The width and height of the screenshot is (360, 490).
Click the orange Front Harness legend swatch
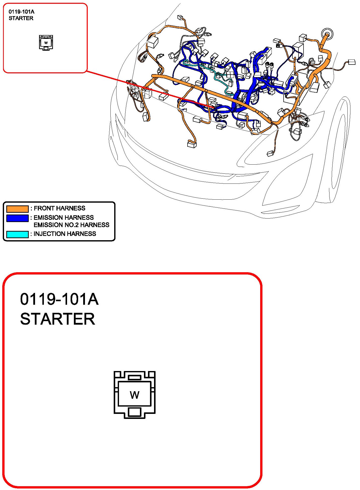coord(17,209)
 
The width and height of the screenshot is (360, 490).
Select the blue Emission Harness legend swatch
coord(17,218)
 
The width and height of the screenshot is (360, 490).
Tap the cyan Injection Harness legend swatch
coord(17,234)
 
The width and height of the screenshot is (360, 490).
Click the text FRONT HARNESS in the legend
coord(59,208)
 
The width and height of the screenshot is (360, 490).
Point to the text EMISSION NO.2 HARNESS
coord(72,225)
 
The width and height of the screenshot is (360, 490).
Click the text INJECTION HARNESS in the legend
coord(65,234)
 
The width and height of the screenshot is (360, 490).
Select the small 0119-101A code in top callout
coord(21,12)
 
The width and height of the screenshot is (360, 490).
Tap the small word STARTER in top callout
coord(21,18)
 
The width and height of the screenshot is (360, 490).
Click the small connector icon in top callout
coord(46,43)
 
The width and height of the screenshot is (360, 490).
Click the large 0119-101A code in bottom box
coord(59,299)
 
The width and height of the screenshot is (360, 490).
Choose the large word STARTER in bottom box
coord(58,319)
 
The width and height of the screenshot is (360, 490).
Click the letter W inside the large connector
coord(135,395)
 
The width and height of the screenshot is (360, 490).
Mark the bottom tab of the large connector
coord(134,412)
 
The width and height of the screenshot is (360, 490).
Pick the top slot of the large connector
coord(135,377)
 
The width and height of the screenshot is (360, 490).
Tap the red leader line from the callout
coord(151,89)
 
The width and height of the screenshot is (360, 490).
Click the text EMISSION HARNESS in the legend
coord(64,218)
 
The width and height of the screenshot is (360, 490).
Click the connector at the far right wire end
coord(351,62)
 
